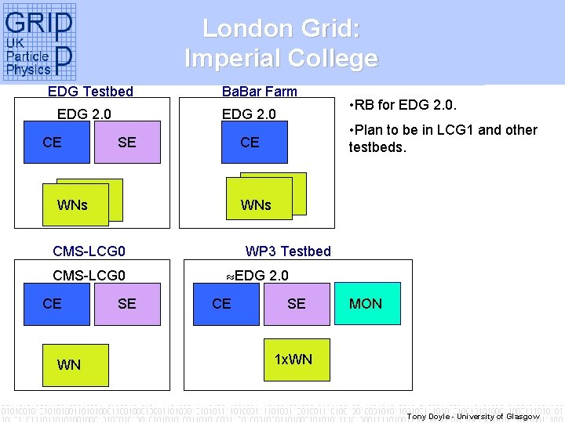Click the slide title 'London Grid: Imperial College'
pos(281,43)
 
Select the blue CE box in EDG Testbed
pos(56,142)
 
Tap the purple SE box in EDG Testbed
pos(127,142)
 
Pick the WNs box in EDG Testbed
pos(72,205)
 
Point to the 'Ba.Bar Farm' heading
pos(260,92)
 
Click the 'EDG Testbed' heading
pos(90,92)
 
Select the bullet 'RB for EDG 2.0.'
pos(403,105)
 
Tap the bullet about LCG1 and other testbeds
pos(443,138)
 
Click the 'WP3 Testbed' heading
pos(288,251)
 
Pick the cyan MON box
pos(366,303)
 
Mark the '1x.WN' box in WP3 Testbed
pos(293,360)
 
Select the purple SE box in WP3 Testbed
pos(296,303)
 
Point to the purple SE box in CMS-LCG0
pos(127,303)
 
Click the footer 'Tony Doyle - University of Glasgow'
pos(472,416)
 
